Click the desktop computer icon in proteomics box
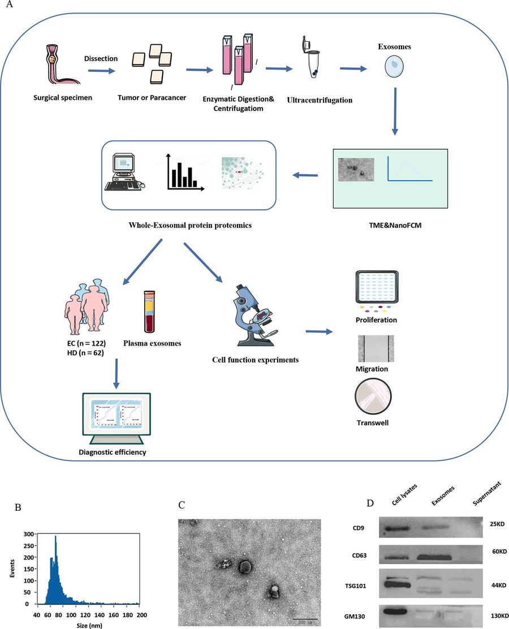[x=126, y=170]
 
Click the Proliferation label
[x=377, y=320]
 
